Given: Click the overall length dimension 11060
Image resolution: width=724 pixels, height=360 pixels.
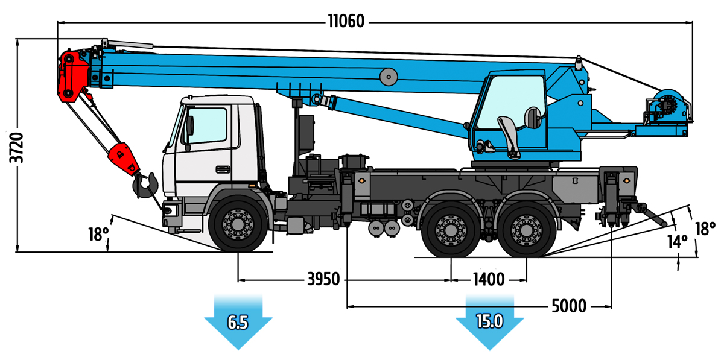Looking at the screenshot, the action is (x=346, y=21).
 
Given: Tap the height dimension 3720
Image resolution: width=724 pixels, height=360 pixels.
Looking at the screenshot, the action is (x=16, y=147).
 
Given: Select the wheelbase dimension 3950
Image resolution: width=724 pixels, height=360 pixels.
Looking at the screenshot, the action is (x=323, y=279).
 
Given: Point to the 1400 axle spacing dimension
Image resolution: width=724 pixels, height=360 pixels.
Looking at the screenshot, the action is (x=489, y=280).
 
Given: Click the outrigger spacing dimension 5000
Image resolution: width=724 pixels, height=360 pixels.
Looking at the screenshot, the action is (x=569, y=306).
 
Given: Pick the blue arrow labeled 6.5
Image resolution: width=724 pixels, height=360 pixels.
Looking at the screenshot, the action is (x=238, y=322).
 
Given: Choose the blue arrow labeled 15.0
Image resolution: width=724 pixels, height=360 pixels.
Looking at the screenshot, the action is (x=490, y=322).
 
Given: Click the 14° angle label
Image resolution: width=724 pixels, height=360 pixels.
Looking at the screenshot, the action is (x=677, y=242).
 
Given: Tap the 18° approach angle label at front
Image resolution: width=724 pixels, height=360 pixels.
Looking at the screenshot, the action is (x=98, y=235).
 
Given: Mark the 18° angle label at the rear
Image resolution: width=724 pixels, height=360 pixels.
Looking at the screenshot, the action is (x=705, y=229).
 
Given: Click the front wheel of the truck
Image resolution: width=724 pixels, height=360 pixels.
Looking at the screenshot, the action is (x=238, y=223).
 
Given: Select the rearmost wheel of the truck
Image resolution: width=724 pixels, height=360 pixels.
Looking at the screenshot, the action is (x=527, y=230).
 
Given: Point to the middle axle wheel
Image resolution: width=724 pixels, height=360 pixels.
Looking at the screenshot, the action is (x=451, y=230).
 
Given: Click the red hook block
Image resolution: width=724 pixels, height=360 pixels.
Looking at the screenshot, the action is (x=124, y=159).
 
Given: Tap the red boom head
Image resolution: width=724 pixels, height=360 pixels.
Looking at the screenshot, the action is (x=73, y=76).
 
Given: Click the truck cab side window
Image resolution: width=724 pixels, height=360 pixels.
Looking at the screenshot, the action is (x=207, y=125).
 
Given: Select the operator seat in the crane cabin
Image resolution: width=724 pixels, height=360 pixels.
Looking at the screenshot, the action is (x=509, y=137).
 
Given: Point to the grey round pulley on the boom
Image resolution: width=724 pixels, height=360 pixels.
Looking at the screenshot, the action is (x=389, y=77).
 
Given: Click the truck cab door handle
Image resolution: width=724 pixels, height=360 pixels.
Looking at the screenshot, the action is (x=223, y=169).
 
